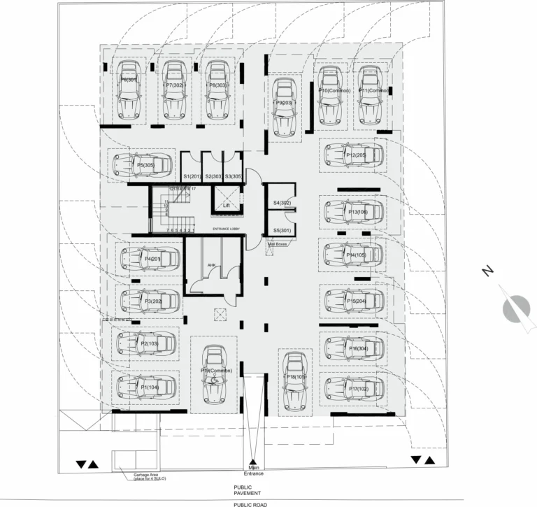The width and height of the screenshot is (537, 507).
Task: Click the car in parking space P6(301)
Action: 129,90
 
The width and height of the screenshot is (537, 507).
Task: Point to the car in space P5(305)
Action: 143,165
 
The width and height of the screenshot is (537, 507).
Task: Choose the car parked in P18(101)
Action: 294,380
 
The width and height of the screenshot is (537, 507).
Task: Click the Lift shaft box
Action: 226,199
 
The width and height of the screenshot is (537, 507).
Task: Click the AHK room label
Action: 211,265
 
